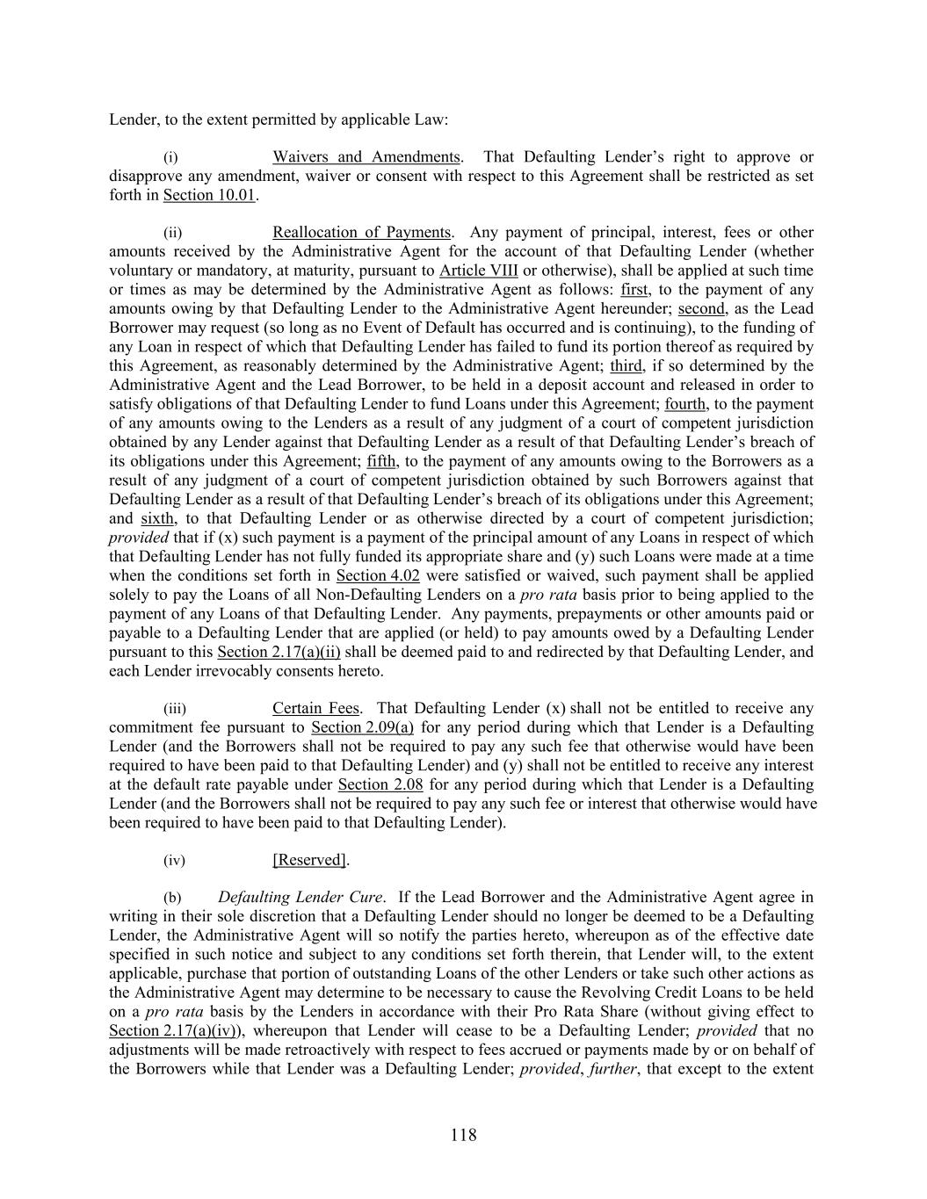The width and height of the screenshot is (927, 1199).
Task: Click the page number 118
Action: [x=463, y=1135]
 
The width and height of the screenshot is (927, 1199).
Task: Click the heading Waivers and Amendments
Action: [x=366, y=157]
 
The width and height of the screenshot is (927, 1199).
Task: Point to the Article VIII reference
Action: [x=478, y=271]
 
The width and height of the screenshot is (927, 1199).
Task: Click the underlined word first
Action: [x=634, y=290]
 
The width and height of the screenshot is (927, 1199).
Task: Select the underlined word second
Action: [x=701, y=308]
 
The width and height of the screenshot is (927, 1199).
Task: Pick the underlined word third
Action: [x=626, y=365]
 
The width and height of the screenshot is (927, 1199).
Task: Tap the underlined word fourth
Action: [x=684, y=404]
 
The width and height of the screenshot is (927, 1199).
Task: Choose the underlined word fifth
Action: [x=382, y=461]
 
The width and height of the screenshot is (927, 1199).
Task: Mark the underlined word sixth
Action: [x=157, y=518]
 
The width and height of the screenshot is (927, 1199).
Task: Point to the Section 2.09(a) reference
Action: [x=363, y=727]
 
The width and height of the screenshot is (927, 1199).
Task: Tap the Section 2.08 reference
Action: [x=380, y=784]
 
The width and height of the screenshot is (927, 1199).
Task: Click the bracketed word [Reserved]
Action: [x=310, y=860]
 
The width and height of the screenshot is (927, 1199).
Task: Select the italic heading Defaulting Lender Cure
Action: [x=301, y=898]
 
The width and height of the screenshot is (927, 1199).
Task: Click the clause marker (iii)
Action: [x=175, y=709]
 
